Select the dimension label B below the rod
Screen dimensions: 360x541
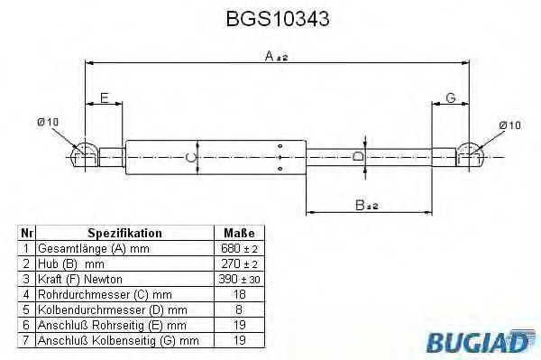362,206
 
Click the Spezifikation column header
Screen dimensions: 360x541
124,232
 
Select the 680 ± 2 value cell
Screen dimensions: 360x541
238,247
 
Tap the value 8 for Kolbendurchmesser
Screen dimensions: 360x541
238,309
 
